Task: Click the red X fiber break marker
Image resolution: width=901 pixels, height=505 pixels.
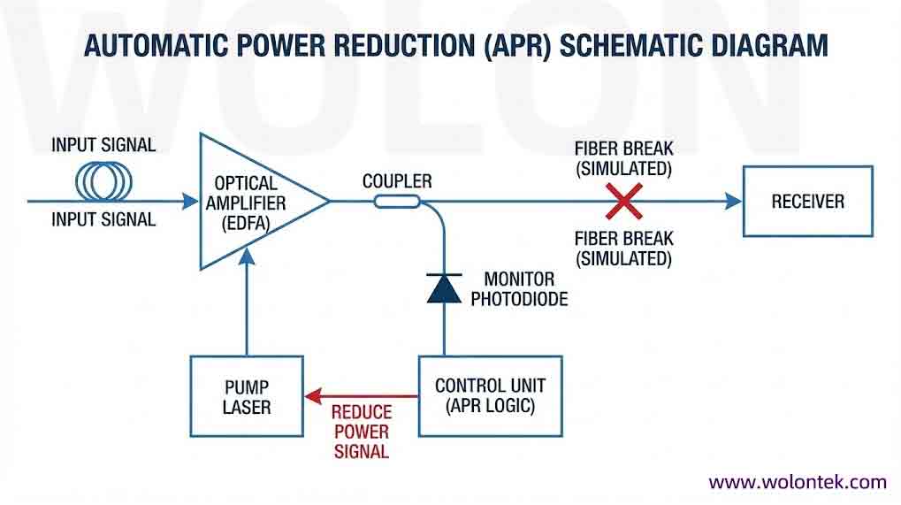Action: tap(625, 201)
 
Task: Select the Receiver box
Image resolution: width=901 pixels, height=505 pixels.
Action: tap(807, 202)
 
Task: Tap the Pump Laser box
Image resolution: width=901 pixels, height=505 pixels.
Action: tap(247, 396)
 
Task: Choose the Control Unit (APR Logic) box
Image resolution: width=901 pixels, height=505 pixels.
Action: tap(490, 396)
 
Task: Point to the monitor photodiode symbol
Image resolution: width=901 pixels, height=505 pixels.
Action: tap(444, 288)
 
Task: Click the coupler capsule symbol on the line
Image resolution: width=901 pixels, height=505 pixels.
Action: tap(397, 202)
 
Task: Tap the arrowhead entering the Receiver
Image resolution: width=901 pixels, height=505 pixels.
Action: tap(733, 202)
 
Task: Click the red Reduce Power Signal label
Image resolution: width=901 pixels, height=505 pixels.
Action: tap(361, 432)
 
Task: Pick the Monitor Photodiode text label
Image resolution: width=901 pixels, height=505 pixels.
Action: tap(519, 289)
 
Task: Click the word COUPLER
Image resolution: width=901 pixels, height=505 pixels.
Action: tap(397, 181)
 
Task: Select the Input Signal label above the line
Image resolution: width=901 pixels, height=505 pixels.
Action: tap(103, 144)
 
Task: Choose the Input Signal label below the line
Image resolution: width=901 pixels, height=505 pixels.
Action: tap(103, 219)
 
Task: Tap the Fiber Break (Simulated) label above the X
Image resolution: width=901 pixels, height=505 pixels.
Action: tap(623, 157)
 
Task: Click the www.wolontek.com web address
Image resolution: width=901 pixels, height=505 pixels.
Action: tap(797, 482)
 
